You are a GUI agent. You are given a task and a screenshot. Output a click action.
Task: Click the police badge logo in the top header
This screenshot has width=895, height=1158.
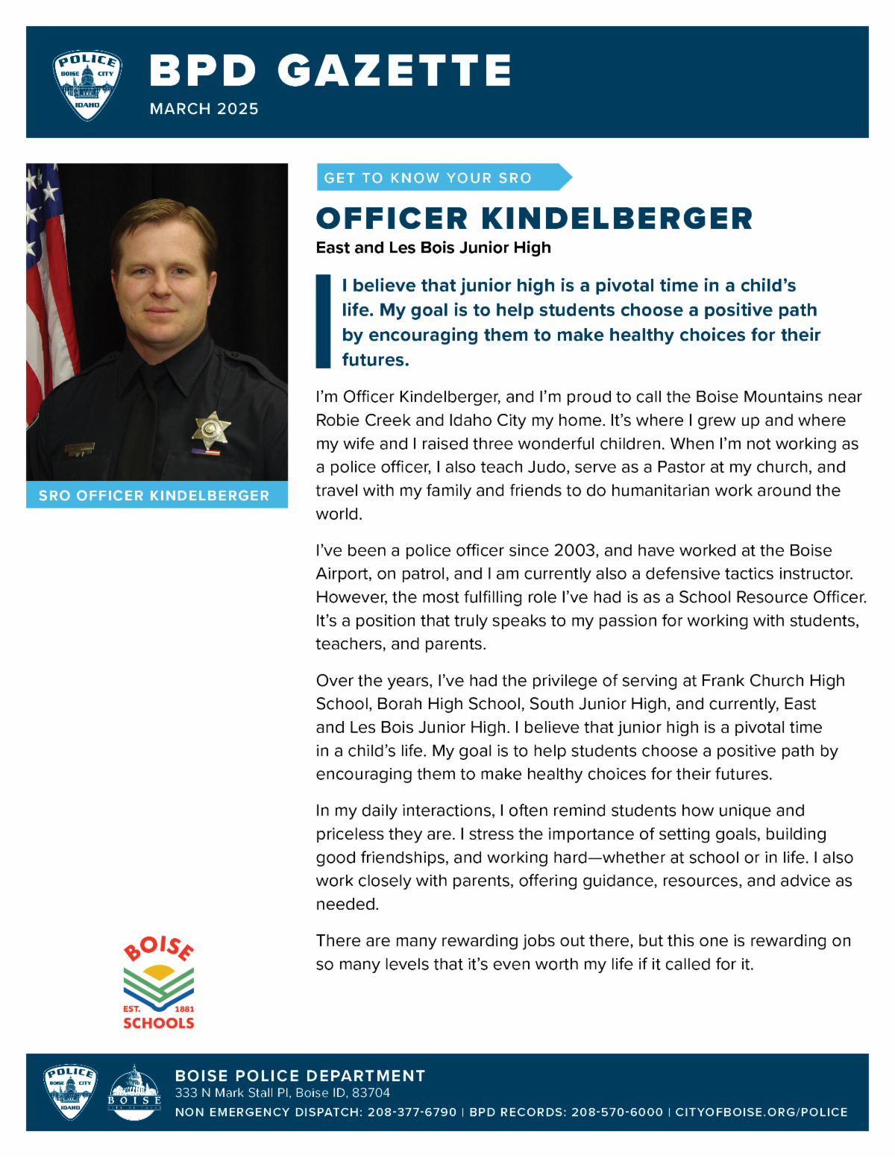(87, 85)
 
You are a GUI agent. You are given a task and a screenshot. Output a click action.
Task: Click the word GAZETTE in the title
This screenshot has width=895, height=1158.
(395, 71)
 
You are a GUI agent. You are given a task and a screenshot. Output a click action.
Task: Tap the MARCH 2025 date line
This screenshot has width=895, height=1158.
(204, 109)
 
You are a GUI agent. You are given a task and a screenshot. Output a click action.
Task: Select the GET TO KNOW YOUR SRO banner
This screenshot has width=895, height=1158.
(440, 177)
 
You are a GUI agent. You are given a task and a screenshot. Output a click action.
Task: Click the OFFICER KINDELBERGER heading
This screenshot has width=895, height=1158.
(534, 218)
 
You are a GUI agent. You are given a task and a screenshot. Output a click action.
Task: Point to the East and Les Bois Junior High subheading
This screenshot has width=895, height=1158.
(433, 248)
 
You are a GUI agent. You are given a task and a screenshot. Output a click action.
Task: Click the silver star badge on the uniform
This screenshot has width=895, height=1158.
(210, 429)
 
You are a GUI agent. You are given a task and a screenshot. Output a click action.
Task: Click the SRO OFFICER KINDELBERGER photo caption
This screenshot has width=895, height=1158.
(154, 496)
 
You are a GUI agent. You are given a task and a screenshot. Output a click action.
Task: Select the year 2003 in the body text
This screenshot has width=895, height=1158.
(574, 550)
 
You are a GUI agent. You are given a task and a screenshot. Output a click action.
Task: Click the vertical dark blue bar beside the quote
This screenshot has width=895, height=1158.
(323, 321)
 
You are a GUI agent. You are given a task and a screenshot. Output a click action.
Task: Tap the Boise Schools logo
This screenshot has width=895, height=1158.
(159, 984)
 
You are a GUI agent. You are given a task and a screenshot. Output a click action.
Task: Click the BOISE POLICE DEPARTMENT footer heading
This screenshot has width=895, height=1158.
(300, 1075)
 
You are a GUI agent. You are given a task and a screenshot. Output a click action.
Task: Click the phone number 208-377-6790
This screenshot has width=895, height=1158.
(412, 1112)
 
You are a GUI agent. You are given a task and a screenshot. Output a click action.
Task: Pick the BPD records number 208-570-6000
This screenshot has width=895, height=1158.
(617, 1112)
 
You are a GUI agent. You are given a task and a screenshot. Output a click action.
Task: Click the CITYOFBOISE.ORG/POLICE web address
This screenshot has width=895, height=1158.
(761, 1112)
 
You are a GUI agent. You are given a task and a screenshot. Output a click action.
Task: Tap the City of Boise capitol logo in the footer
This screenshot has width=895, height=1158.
(134, 1092)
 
